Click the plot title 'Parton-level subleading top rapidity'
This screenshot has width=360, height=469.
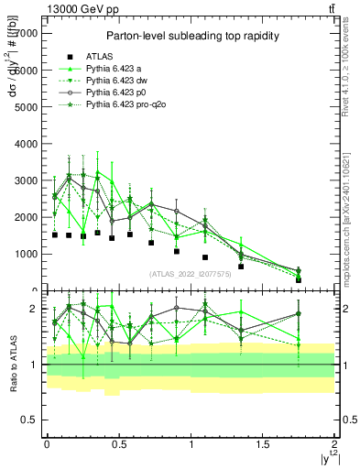pos(190,36)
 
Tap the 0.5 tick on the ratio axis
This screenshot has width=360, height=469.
pos(33,420)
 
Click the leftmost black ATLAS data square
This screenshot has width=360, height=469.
pos(55,234)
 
